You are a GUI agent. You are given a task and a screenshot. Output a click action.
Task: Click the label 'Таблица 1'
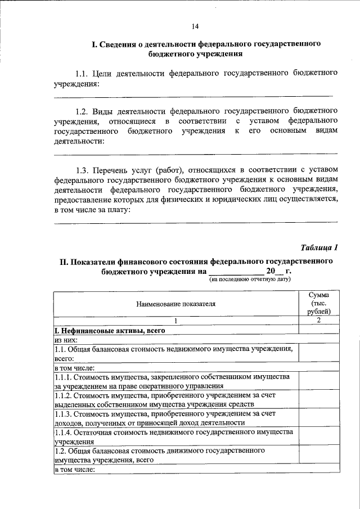[319, 247]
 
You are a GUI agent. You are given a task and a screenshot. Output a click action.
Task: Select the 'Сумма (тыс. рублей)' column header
[318, 303]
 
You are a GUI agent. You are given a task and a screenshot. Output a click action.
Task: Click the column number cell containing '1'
[175, 321]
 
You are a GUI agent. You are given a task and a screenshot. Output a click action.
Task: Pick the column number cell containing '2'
[318, 321]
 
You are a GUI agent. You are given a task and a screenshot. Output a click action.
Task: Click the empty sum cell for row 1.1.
[318, 353]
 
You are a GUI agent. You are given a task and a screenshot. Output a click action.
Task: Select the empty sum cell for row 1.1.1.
[318, 381]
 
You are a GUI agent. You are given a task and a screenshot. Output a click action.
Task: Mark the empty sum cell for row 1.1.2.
[318, 399]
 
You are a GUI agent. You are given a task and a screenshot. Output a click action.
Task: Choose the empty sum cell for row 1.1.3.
[318, 417]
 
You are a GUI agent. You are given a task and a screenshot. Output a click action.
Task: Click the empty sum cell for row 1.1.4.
[318, 436]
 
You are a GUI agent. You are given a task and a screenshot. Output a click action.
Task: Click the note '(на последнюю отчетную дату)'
[249, 279]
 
